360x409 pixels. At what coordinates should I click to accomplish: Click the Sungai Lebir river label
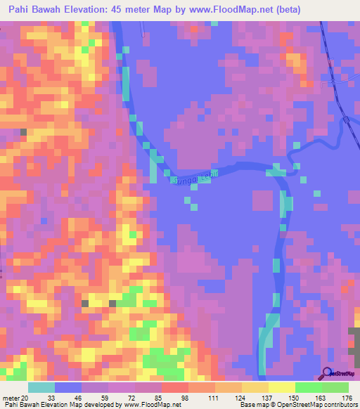pos(191,177)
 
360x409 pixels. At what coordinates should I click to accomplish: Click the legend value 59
pos(105,397)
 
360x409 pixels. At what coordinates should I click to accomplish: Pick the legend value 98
pos(186,397)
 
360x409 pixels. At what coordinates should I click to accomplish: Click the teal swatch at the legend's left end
pos(41,387)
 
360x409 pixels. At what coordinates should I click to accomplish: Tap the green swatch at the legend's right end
pos(335,387)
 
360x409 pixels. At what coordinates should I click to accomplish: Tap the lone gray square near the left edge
pos(23,132)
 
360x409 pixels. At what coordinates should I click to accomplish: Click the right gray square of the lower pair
pos(113,304)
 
